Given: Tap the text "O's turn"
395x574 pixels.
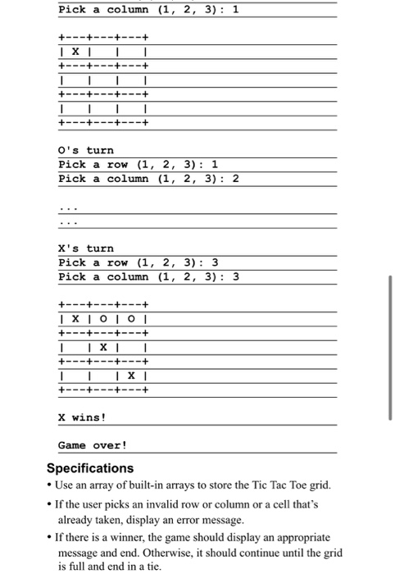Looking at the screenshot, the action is [x=86, y=150].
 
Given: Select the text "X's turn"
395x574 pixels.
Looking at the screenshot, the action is [x=86, y=248].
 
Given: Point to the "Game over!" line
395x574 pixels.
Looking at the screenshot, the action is [x=93, y=445].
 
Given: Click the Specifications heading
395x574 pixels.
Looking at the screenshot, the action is [x=89, y=468].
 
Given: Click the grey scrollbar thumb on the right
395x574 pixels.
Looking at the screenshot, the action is [x=389, y=312].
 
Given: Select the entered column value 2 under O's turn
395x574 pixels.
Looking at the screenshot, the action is [x=236, y=179].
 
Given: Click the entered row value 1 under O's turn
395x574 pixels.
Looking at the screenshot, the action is [x=214, y=164].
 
